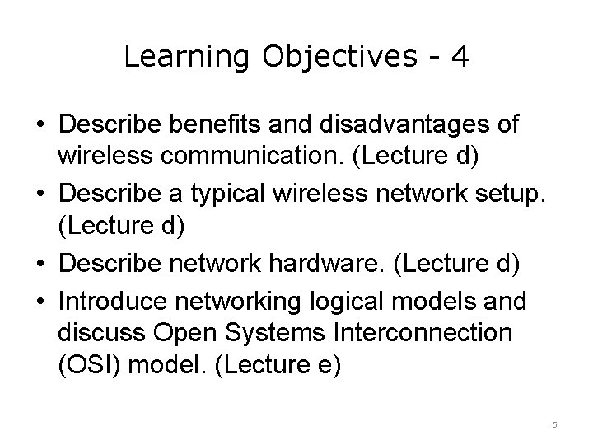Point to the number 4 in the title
[460, 57]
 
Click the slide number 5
[554, 424]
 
